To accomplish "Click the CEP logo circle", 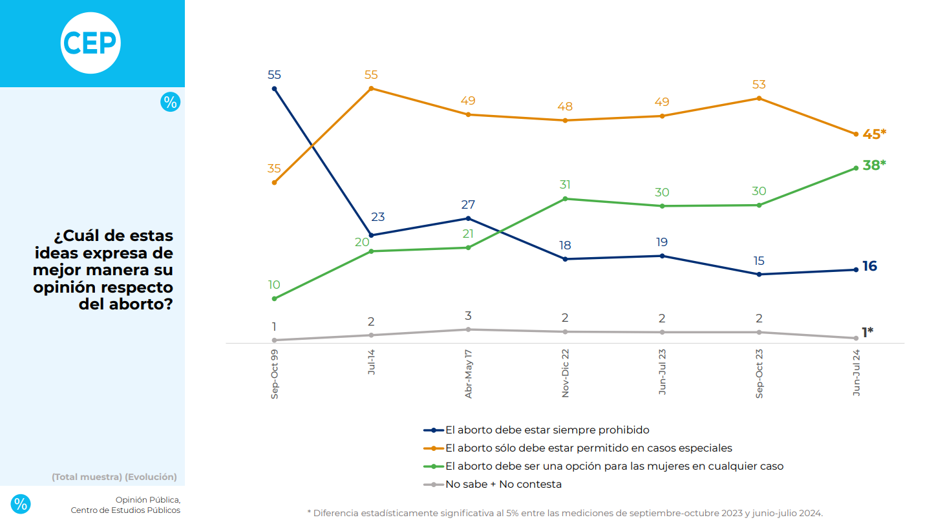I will coord(90,43).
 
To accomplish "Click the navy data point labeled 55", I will coord(274,89).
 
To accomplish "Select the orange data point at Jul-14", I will coord(371,88).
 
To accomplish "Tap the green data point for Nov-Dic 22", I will coord(565,198).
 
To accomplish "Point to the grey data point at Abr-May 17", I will coord(468,329).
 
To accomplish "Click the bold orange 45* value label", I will coord(874,134).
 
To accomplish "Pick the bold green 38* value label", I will coord(874,165).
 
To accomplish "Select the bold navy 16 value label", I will coord(869,266).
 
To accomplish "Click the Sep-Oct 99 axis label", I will coord(275,375).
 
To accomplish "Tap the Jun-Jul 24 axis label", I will coord(856,373).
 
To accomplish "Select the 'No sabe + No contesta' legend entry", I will coord(504,484).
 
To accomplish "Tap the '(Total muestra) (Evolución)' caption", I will coord(114,477).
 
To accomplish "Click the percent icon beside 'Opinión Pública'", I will coord(21,504).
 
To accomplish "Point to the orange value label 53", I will coord(759,85).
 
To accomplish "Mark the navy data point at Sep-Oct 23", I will coord(759,275).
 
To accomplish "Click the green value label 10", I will coord(274,285).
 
